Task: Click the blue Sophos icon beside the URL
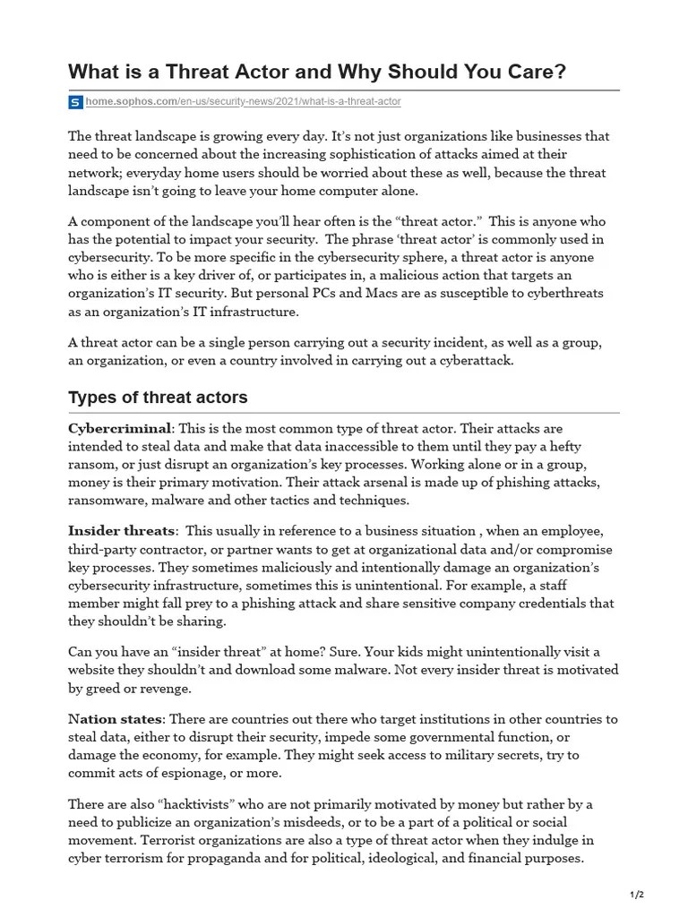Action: pyautogui.click(x=75, y=102)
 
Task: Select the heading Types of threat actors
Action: pyautogui.click(x=158, y=397)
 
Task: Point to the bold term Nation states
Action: pyautogui.click(x=116, y=719)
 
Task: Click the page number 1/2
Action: pyautogui.click(x=637, y=895)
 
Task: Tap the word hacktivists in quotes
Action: pyautogui.click(x=189, y=805)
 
